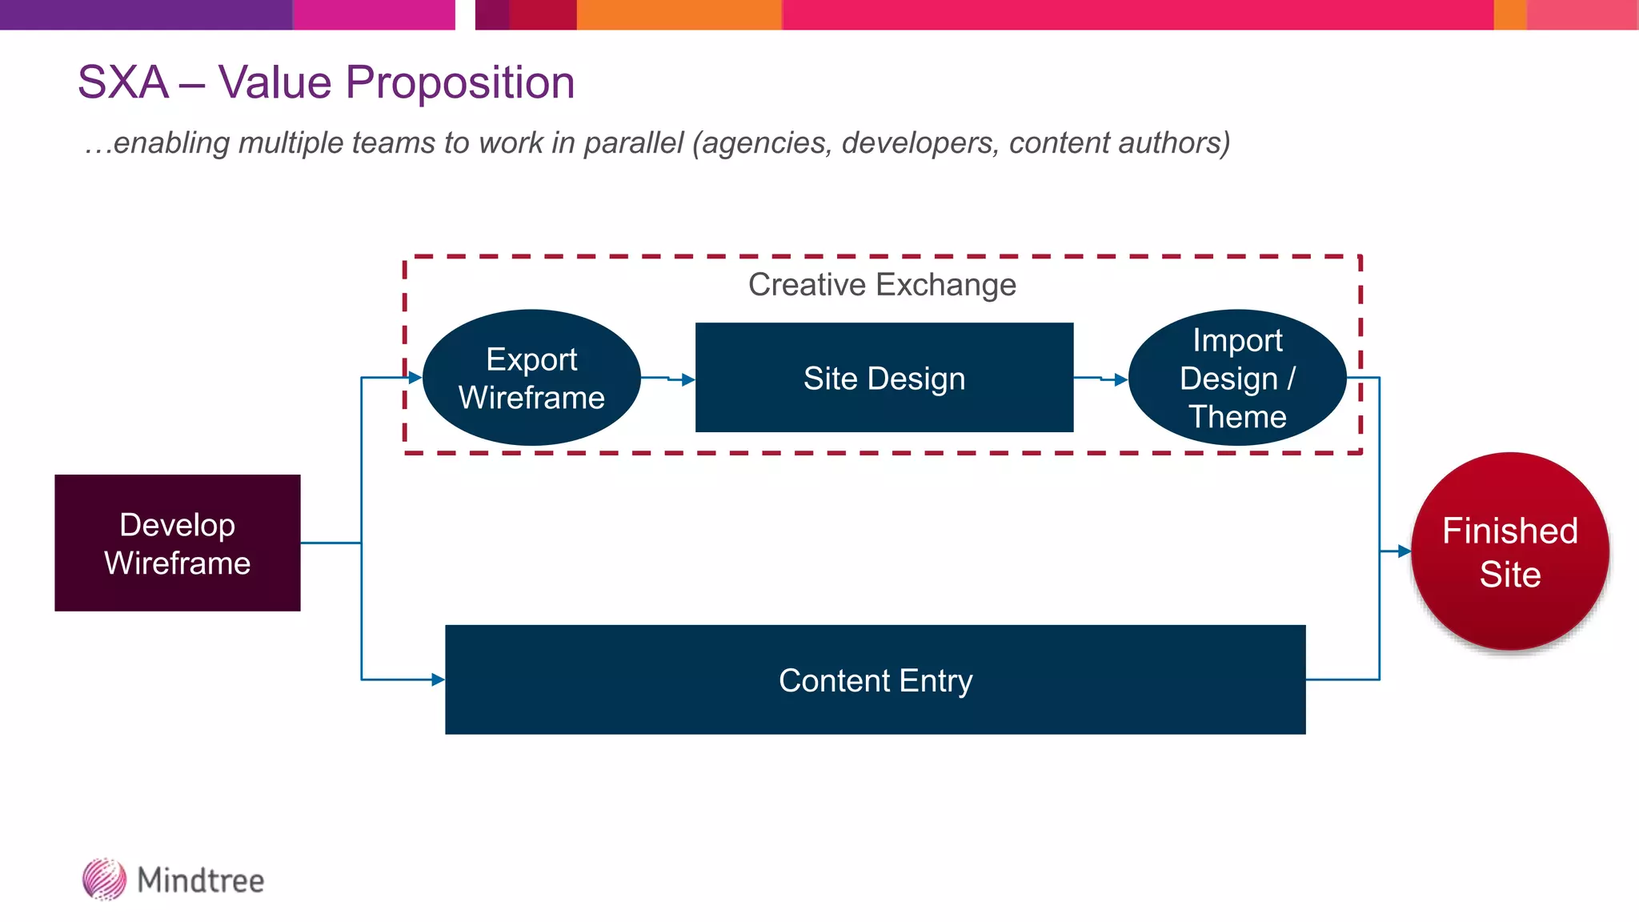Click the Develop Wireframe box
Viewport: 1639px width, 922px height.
click(x=177, y=543)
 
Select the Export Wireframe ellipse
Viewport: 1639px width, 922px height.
click(x=531, y=378)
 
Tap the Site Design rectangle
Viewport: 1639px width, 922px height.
click(x=884, y=378)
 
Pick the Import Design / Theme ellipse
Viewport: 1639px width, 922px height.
click(x=1237, y=378)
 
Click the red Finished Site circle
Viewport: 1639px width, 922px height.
click(x=1509, y=551)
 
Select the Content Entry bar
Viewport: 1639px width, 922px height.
click(x=875, y=679)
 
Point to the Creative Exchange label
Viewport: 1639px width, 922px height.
click(x=882, y=285)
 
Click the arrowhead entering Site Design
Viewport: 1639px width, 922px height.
click(x=688, y=380)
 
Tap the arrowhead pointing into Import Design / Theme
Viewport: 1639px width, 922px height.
click(x=1120, y=380)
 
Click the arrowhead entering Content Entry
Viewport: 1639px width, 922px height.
click(x=438, y=679)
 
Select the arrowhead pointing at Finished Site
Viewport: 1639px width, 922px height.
click(x=1404, y=551)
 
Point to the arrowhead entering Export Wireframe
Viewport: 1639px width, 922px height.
click(x=415, y=377)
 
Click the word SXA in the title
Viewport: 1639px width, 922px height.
click(x=123, y=82)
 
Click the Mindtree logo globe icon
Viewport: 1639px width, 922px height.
click(x=104, y=880)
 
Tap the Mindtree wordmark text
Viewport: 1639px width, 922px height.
click(x=200, y=880)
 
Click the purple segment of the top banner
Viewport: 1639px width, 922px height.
click(x=144, y=14)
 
